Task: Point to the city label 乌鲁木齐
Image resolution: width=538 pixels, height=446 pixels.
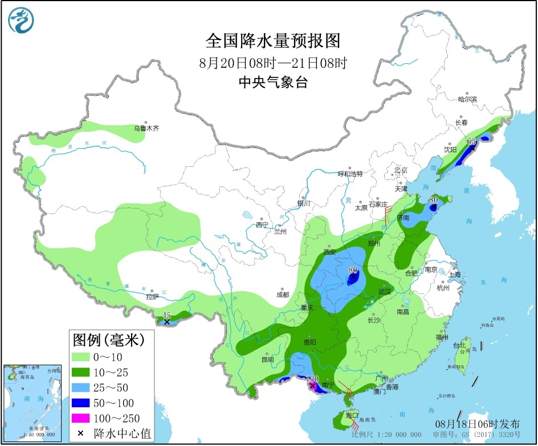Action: (x=146, y=129)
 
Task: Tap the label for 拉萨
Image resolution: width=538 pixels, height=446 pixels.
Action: (x=152, y=297)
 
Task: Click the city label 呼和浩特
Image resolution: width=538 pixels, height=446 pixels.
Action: (x=350, y=174)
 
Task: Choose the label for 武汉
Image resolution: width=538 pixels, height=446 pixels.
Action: (x=386, y=292)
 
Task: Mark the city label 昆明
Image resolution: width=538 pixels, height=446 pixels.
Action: (x=267, y=359)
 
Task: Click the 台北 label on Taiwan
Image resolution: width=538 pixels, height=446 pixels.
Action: (x=459, y=345)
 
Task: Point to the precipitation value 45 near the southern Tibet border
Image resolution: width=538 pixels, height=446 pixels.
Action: (x=166, y=315)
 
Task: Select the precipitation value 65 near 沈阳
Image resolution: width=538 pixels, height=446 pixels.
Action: (x=471, y=141)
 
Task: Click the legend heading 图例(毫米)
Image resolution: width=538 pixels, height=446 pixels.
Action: (x=107, y=341)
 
